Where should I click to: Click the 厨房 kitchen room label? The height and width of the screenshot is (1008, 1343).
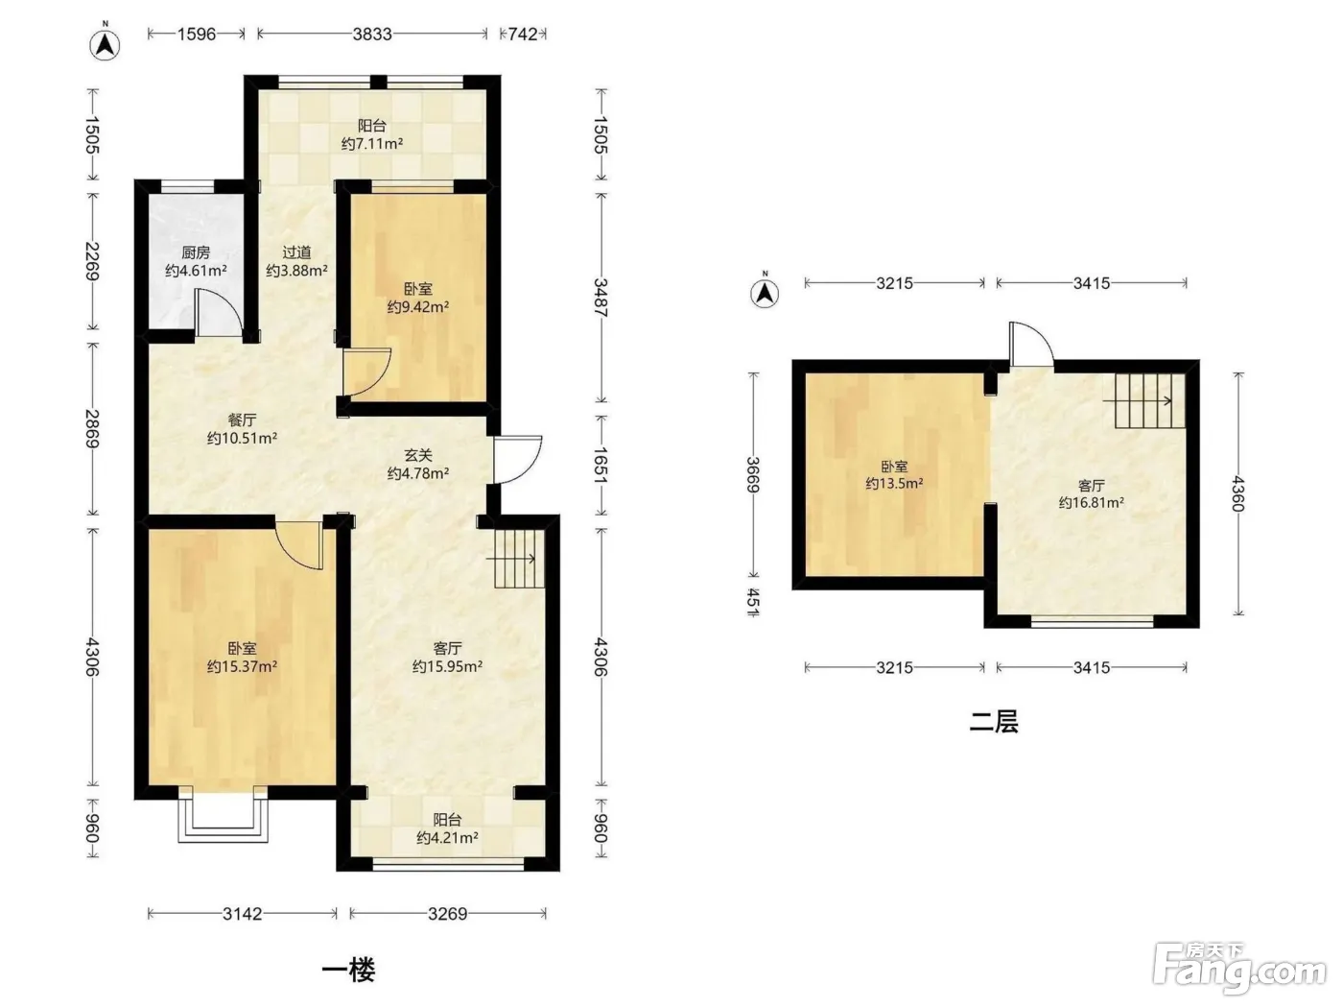pyautogui.click(x=196, y=252)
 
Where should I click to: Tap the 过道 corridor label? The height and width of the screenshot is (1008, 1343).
pyautogui.click(x=296, y=252)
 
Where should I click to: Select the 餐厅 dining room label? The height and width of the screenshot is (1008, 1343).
pyautogui.click(x=243, y=420)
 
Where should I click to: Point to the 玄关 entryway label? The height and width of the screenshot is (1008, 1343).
pyautogui.click(x=418, y=455)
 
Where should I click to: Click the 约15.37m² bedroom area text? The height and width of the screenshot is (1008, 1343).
pyautogui.click(x=243, y=666)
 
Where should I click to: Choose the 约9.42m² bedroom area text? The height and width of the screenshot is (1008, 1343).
pyautogui.click(x=418, y=306)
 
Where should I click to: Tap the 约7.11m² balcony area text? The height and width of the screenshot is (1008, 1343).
pyautogui.click(x=372, y=144)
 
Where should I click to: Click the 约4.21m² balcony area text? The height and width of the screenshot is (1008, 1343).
pyautogui.click(x=447, y=838)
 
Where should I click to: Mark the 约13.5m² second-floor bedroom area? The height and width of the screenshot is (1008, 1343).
pyautogui.click(x=894, y=484)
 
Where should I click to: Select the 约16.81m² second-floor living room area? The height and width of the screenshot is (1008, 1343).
pyautogui.click(x=1092, y=502)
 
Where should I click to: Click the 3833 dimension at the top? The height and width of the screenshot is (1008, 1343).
pyautogui.click(x=372, y=34)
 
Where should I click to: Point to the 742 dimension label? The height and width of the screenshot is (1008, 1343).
pyautogui.click(x=523, y=34)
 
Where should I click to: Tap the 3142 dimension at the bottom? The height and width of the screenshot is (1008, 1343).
pyautogui.click(x=243, y=914)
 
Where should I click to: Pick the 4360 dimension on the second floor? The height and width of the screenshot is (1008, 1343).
pyautogui.click(x=1237, y=493)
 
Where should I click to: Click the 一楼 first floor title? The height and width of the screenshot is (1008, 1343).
pyautogui.click(x=349, y=971)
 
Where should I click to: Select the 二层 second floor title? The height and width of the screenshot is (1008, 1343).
pyautogui.click(x=994, y=722)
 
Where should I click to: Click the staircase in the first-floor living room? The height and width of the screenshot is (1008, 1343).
pyautogui.click(x=519, y=558)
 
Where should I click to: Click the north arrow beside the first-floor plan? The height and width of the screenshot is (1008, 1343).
pyautogui.click(x=106, y=43)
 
